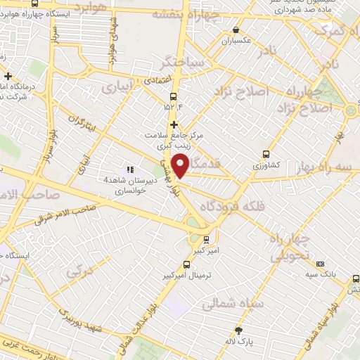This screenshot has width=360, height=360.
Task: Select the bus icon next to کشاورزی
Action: pyautogui.click(x=266, y=154)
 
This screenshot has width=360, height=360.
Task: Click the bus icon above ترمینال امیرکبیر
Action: pyautogui.click(x=186, y=264)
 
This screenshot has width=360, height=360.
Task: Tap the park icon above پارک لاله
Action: pyautogui.click(x=239, y=330)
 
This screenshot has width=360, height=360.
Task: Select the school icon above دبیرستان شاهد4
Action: pyautogui.click(x=129, y=169)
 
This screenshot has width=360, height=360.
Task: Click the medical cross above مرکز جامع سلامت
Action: pyautogui.click(x=174, y=124)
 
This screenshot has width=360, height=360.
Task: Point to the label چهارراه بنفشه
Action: pyautogui.click(x=214, y=12)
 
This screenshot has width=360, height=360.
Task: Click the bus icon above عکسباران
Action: pyautogui.click(x=236, y=30)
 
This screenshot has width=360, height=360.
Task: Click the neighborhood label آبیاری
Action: pyautogui.click(x=117, y=88)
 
